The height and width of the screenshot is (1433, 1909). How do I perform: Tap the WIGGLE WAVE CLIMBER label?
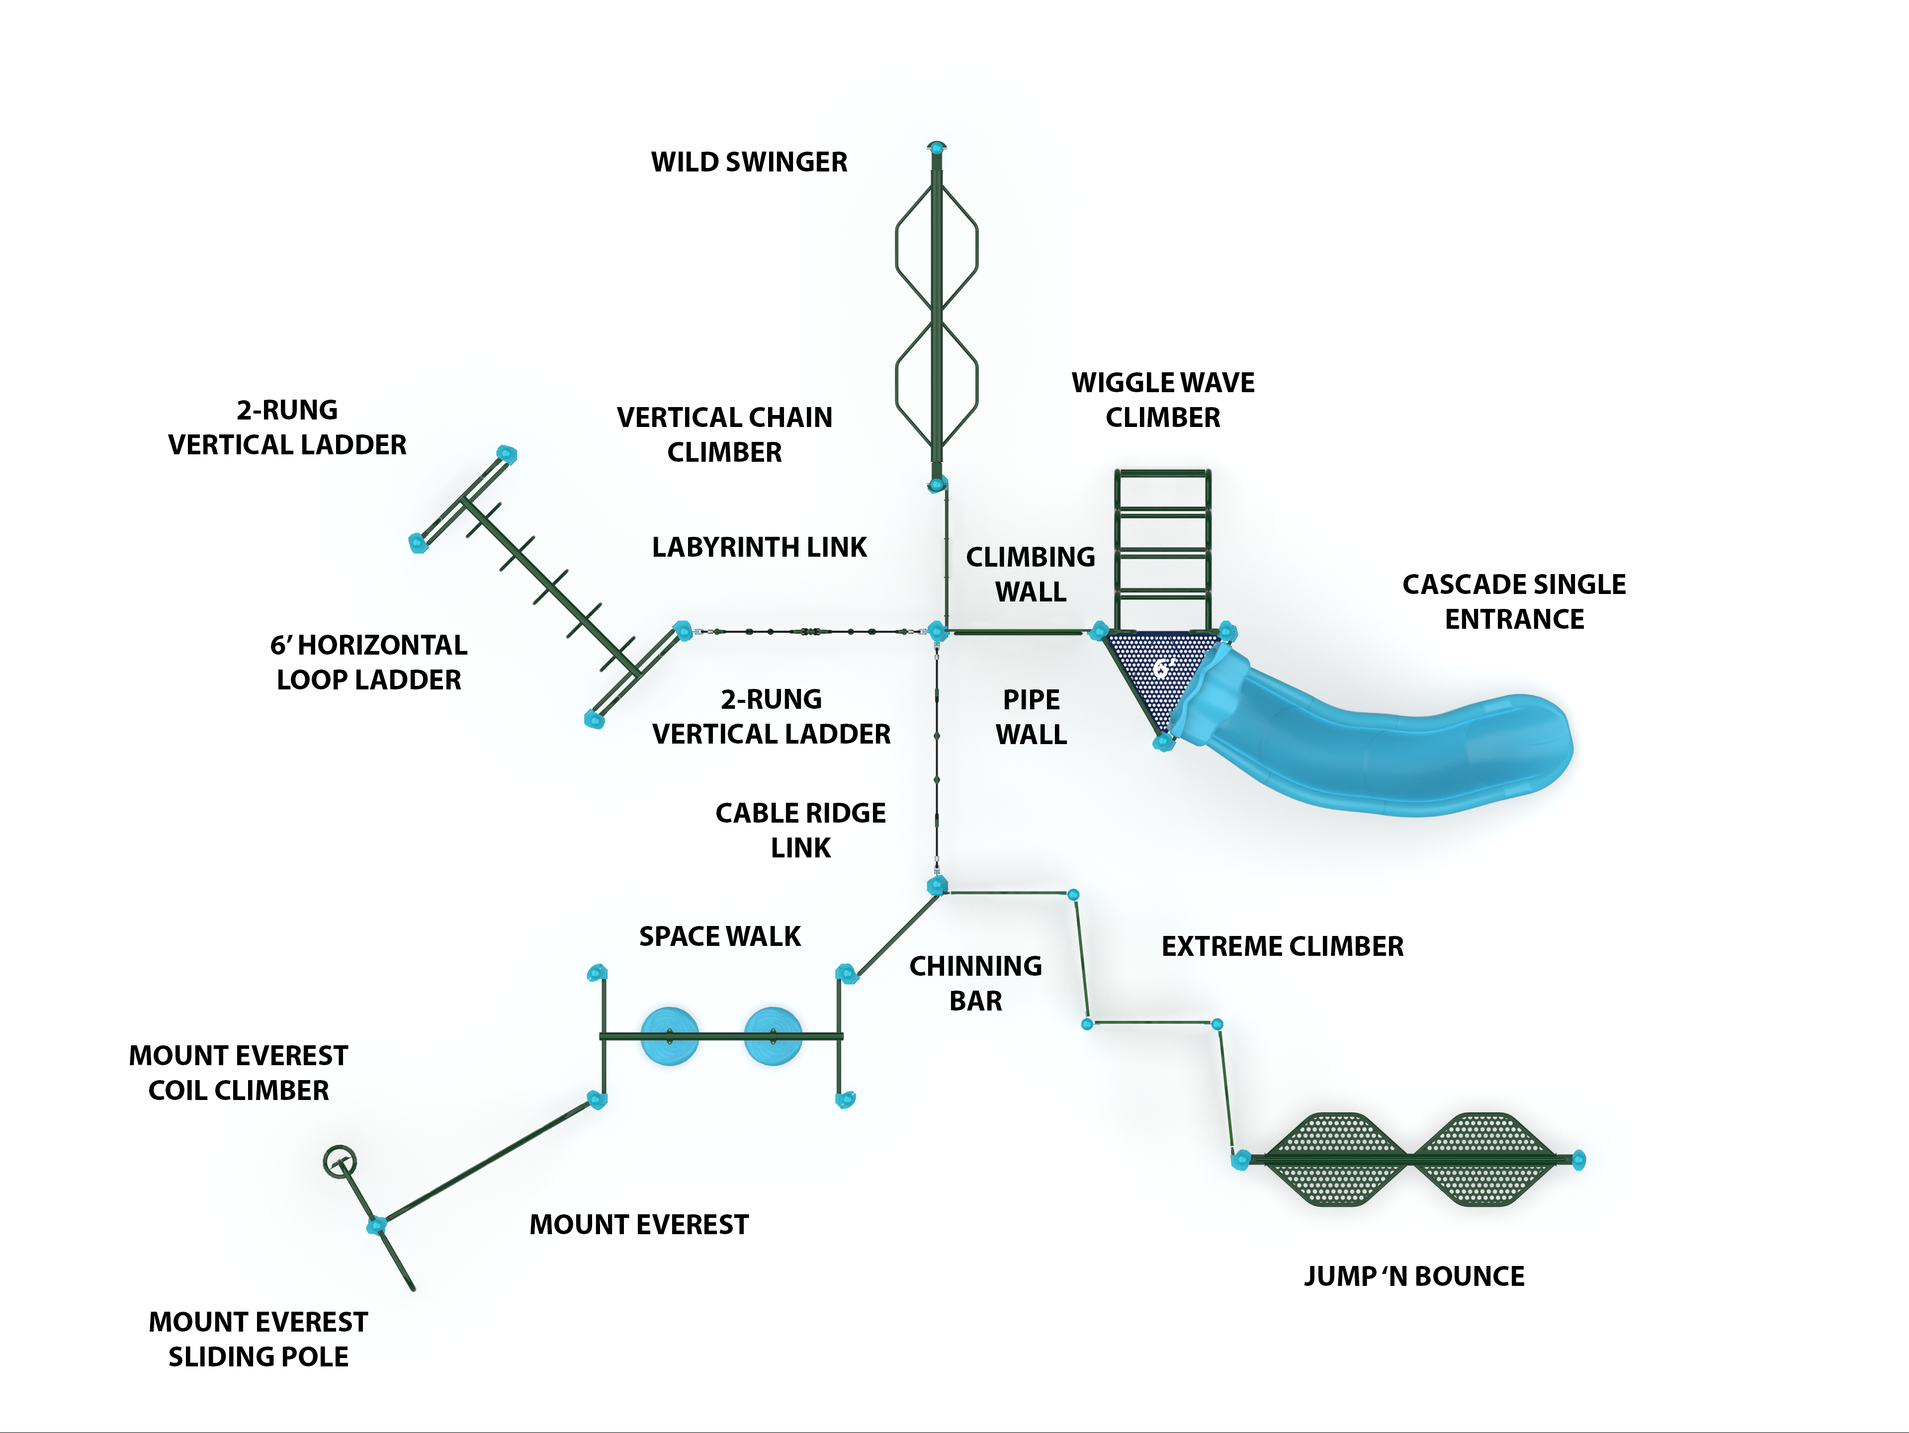1162,400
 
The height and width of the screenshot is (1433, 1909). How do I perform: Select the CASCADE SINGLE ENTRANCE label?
1514,601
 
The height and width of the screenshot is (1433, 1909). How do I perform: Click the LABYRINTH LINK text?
759,547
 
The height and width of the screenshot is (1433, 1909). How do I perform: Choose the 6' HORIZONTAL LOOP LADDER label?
368,662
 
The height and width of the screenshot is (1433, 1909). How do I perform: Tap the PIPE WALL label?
1032,716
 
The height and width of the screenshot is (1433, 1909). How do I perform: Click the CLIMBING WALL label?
1031,574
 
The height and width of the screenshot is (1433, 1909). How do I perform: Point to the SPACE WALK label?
720,936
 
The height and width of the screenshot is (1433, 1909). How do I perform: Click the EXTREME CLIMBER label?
1283,946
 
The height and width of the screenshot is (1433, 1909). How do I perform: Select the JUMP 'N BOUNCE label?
1414,1276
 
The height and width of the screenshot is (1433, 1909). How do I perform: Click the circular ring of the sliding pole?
339,1161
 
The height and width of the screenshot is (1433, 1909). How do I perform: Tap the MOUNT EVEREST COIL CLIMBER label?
238,1072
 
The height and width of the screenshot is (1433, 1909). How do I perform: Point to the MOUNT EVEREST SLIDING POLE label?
258,1339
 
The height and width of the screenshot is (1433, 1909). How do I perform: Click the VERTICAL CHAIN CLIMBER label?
724,434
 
